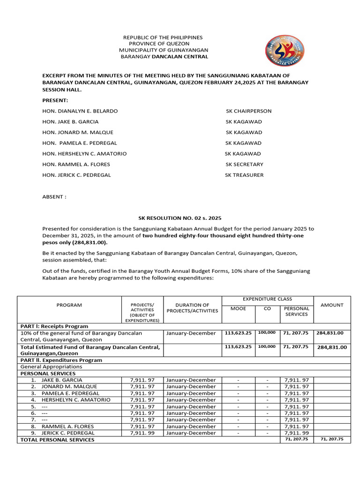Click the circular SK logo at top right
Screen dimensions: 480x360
(285, 51)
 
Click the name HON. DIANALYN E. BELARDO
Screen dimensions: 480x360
(80, 111)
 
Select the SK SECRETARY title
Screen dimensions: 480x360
(244, 165)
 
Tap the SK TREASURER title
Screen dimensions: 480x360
(244, 175)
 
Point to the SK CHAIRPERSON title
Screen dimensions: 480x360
(248, 111)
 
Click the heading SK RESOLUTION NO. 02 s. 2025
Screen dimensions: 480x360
(180, 218)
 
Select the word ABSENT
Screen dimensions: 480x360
(54, 197)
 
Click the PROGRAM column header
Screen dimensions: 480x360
(69, 305)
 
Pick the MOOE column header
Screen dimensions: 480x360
(238, 308)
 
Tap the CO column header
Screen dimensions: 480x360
(267, 308)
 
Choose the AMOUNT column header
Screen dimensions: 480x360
(332, 305)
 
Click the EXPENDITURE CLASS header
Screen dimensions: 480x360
(267, 299)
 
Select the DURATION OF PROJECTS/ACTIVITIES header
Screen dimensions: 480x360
(193, 308)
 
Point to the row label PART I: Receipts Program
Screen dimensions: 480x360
(54, 326)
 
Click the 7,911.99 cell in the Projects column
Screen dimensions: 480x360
(142, 433)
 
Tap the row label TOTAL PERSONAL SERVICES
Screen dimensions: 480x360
(57, 440)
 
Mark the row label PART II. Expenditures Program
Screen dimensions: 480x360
(61, 360)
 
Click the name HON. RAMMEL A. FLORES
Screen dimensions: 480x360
(76, 165)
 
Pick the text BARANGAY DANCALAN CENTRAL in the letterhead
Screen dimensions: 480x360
(165, 57)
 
